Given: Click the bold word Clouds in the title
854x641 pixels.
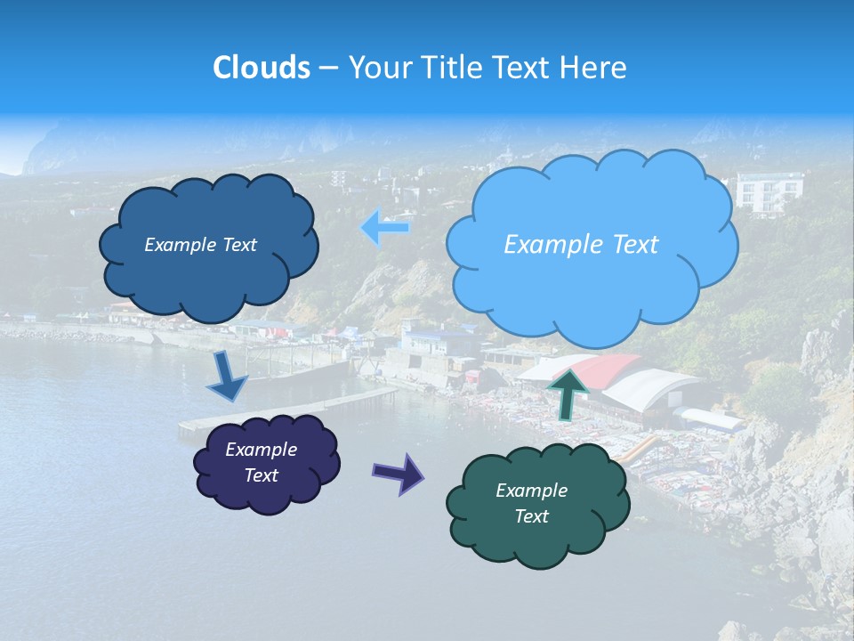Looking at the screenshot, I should click(x=262, y=68).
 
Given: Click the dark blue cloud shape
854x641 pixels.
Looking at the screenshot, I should click(x=210, y=267).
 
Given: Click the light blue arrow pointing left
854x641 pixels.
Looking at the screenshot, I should click(x=386, y=228).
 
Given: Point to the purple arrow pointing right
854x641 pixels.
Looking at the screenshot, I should click(x=398, y=472).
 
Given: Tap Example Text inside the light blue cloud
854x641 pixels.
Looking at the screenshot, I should click(x=581, y=245).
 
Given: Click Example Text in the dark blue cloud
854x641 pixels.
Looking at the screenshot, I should click(x=200, y=245).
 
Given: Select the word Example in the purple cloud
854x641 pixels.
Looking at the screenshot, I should click(x=261, y=450).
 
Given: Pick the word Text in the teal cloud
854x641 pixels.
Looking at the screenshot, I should click(x=531, y=516).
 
